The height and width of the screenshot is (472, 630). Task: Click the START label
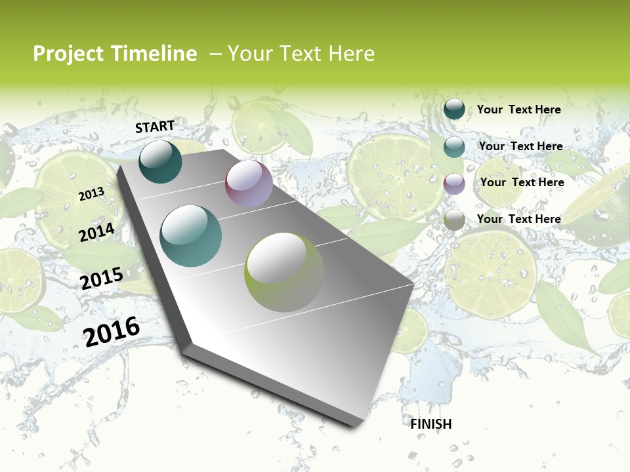tap(155, 127)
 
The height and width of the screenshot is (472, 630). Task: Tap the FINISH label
tap(431, 424)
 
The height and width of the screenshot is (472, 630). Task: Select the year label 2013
tap(92, 193)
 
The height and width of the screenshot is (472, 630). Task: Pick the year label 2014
tap(97, 232)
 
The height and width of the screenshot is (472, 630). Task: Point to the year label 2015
tap(102, 278)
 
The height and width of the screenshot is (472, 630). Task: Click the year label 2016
tap(112, 331)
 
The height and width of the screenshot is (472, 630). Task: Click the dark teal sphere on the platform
tap(160, 161)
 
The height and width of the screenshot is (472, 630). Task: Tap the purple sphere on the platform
tap(249, 184)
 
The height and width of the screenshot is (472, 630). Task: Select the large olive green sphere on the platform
tap(284, 272)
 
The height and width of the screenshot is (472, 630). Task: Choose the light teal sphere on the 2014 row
tap(191, 236)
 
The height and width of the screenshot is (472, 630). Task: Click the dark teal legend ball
tap(454, 109)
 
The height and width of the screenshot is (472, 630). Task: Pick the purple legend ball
tap(454, 184)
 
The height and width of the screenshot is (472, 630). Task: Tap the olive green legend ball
tap(454, 220)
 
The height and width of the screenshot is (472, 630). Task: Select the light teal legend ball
tap(454, 147)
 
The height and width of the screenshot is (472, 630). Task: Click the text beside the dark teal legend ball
tap(518, 109)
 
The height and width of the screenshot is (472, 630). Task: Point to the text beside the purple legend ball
tap(522, 182)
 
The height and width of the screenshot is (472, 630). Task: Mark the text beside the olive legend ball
tap(518, 219)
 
